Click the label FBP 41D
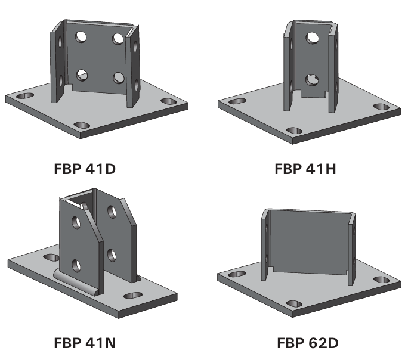click(85, 169)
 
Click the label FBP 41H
click(305, 169)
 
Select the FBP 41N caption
click(85, 343)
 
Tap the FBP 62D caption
click(308, 343)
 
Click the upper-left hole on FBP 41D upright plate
click(81, 36)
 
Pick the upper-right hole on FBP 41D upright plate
click(118, 39)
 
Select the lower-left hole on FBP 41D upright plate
click(82, 75)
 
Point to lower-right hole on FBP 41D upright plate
click(119, 77)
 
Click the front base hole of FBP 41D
click(82, 125)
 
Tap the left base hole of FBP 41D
click(25, 95)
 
